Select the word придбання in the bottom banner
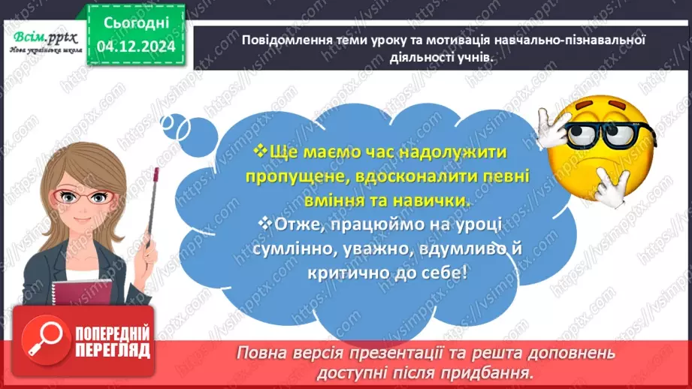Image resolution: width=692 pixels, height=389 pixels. click(x=496, y=372)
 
